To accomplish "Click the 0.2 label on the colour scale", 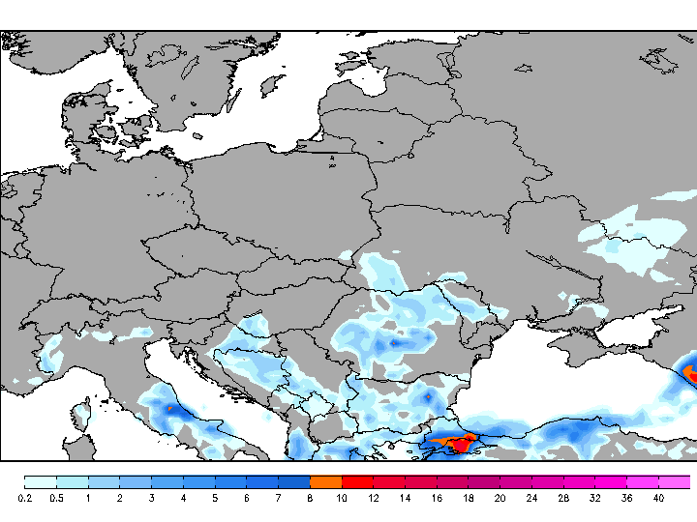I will click(x=26, y=498).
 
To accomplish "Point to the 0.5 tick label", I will click(x=56, y=498).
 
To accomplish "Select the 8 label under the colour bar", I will click(x=310, y=498).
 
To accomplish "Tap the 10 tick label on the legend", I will click(x=342, y=498).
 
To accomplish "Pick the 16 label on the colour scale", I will click(x=437, y=498).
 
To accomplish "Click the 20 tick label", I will click(x=500, y=498).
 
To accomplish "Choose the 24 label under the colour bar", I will click(x=531, y=498).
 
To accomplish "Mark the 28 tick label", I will click(x=563, y=498).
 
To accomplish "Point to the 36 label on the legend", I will click(x=626, y=498).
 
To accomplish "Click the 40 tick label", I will click(x=658, y=498).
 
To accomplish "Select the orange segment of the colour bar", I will click(x=326, y=481).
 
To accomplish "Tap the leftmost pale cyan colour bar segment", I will click(x=41, y=481).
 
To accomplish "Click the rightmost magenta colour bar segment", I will click(x=675, y=481).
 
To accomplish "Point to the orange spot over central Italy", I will click(x=169, y=409).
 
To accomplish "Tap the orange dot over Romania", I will click(x=394, y=341).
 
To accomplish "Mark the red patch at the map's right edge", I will click(x=691, y=372).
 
